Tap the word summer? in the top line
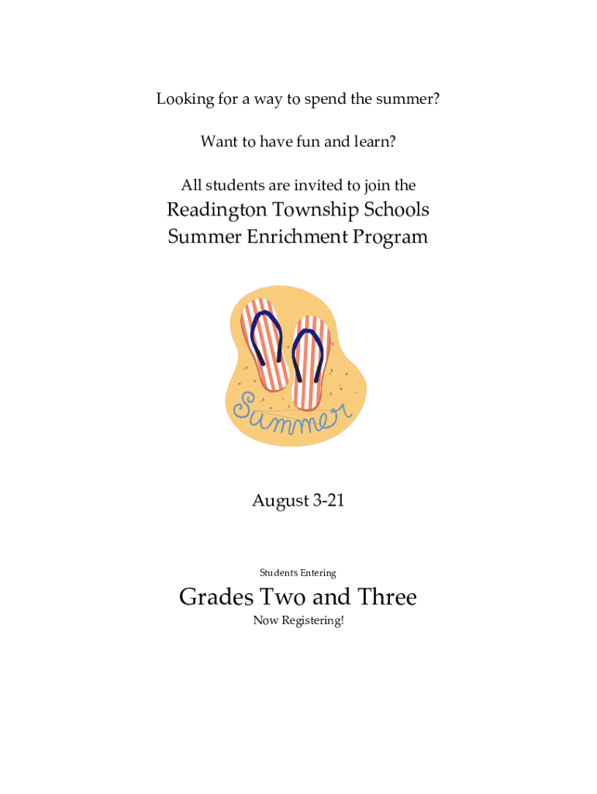coord(410,99)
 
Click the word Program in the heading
coord(390,236)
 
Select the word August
coord(280,501)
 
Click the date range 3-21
coord(328,501)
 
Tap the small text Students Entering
coord(298,573)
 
